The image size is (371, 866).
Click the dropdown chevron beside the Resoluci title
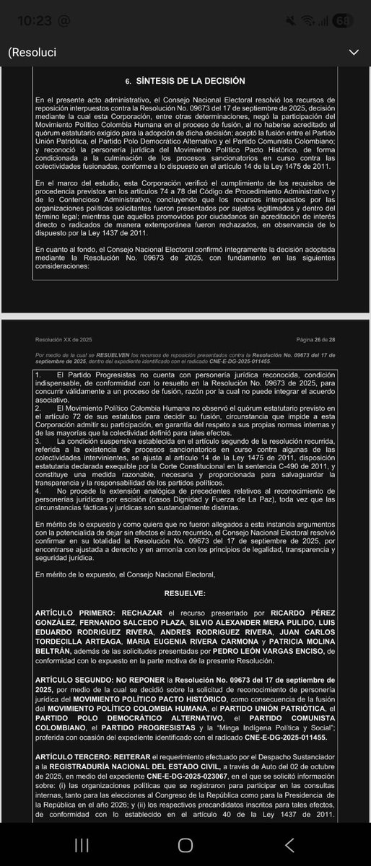[x=353, y=52]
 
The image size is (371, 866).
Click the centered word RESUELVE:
[x=185, y=592]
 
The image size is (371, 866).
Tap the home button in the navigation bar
[x=185, y=845]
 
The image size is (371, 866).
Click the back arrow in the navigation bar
[x=289, y=845]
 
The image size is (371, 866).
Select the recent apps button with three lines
[x=82, y=845]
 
